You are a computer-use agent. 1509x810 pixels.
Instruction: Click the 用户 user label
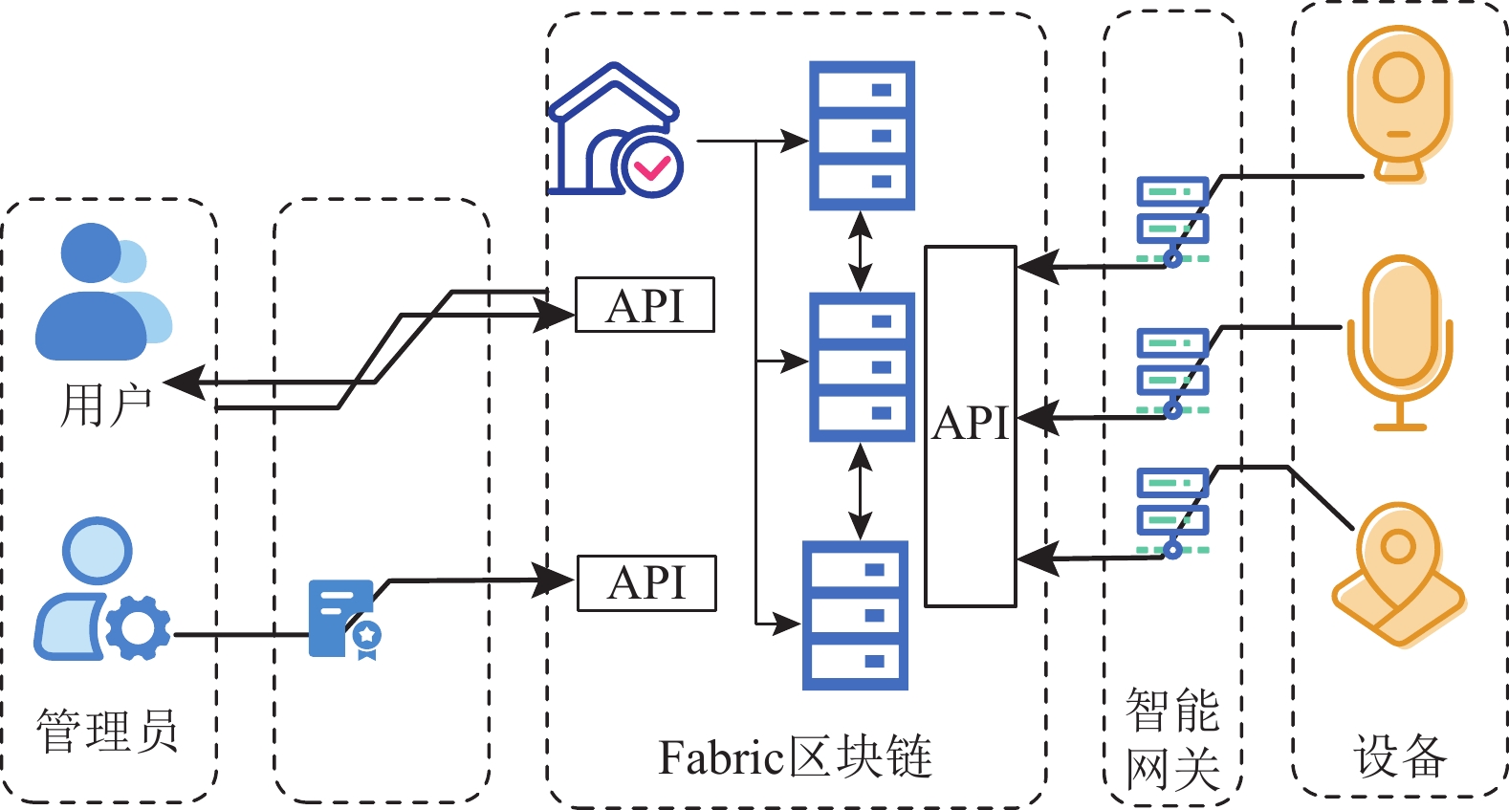[x=106, y=405]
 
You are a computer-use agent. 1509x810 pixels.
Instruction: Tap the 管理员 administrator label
[x=107, y=731]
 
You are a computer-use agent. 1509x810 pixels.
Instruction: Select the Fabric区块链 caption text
[x=795, y=758]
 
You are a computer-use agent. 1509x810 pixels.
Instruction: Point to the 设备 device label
[x=1400, y=755]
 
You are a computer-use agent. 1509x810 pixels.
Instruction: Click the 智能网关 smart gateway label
[x=1172, y=739]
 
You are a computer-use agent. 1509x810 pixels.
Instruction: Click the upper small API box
[x=645, y=305]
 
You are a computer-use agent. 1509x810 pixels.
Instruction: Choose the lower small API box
[x=646, y=582]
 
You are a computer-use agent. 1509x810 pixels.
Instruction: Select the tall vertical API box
[x=970, y=426]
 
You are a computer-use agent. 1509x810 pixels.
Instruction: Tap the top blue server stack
[x=862, y=136]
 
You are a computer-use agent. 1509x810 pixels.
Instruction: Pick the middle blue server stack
[x=862, y=367]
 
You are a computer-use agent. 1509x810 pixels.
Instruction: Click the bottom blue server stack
[x=855, y=615]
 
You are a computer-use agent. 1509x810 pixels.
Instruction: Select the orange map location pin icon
[x=1399, y=575]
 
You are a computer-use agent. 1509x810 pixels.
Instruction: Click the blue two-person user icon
[x=101, y=293]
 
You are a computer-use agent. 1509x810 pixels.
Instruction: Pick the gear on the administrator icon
[x=138, y=627]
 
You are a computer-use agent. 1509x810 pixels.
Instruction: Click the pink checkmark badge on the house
[x=652, y=167]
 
